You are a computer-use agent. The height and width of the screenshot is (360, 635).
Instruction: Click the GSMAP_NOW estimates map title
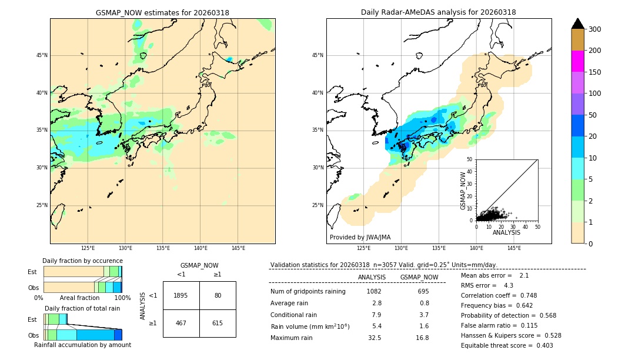pos(162,12)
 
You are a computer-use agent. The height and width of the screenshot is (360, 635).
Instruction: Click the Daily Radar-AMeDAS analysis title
pos(438,12)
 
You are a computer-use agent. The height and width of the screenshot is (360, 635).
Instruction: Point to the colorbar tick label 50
pos(594,115)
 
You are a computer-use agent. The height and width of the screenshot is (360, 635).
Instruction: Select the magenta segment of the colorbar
pos(577,61)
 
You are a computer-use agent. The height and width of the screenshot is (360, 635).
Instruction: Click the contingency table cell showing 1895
pos(181,295)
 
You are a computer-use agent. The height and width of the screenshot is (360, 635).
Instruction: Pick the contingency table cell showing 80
pos(218,295)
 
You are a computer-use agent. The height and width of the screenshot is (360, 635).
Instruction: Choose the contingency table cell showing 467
pos(181,323)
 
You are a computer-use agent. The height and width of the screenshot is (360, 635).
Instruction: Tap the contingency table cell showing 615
pos(218,323)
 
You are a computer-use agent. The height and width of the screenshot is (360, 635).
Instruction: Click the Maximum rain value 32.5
pos(375,338)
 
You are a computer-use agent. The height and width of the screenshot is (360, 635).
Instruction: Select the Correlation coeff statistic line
pos(499,295)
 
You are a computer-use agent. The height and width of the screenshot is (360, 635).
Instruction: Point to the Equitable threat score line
pos(507,345)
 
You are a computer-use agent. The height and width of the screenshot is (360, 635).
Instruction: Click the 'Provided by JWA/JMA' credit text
pos(360,238)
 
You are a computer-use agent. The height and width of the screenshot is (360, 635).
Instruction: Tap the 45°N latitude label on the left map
pos(41,55)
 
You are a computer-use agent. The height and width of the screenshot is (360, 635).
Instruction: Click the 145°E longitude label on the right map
pos(514,248)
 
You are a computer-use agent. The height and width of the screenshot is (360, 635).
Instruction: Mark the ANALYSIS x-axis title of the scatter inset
pos(506,232)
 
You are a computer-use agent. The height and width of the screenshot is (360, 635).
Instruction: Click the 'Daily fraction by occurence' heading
pos(82,261)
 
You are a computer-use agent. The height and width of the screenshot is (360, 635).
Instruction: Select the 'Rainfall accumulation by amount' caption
pos(82,345)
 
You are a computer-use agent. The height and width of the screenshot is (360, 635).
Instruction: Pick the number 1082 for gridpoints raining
pos(374,292)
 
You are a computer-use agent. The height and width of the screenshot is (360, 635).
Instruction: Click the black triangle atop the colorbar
pos(577,24)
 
